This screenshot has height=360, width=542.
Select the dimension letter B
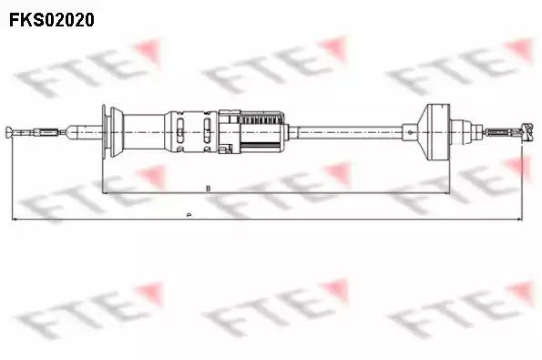click(210, 189)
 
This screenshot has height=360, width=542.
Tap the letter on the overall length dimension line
click(187, 216)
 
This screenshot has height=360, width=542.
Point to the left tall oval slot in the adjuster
click(186, 132)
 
